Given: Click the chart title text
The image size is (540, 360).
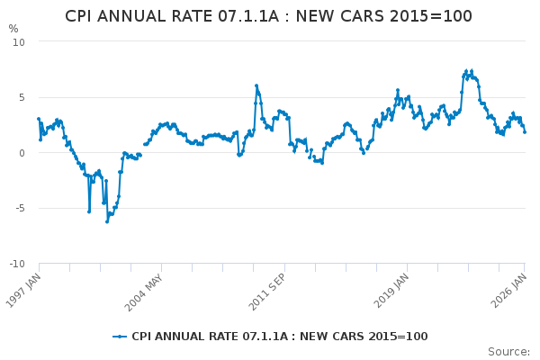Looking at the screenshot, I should coord(268,16).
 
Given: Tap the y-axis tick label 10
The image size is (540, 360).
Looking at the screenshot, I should coord(18,42).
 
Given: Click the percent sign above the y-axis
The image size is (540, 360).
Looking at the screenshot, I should coord(13,29).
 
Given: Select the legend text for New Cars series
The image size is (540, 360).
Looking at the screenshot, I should coord(280,337).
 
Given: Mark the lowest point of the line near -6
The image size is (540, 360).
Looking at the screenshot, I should coord(106,220).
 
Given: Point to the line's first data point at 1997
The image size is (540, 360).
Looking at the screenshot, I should coord(39,119).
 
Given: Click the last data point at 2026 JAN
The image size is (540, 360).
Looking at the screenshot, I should coord(525,132).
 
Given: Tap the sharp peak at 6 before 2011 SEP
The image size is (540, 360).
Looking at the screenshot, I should coord(256,85).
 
